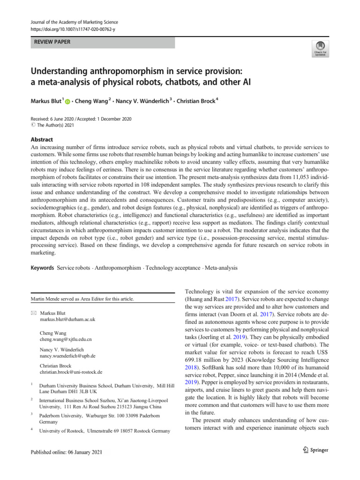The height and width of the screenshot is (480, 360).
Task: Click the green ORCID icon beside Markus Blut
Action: pos(67,102)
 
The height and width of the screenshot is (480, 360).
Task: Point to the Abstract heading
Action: pos(42,139)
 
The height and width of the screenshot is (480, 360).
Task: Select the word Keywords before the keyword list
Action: pos(42,268)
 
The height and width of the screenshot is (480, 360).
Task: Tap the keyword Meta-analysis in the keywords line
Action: pos(221,268)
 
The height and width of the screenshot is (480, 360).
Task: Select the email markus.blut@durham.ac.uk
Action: pos(67,319)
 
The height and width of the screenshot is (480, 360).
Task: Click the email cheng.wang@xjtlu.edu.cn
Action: pos(66,338)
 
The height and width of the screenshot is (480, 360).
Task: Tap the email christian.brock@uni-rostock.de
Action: pos(71,372)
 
